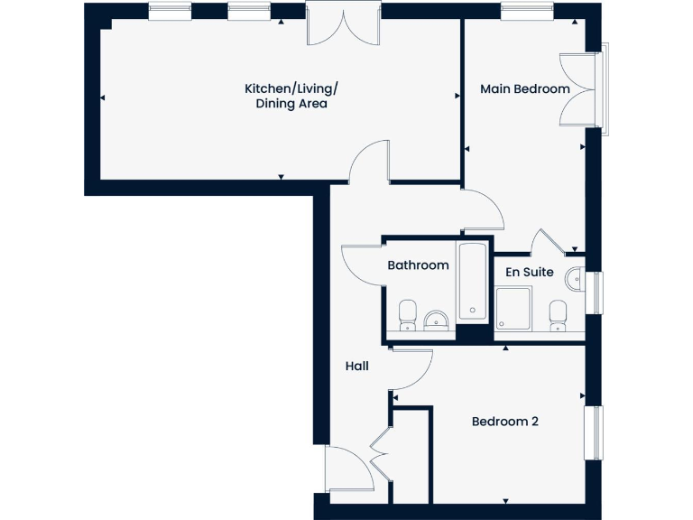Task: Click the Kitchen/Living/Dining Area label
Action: click(291, 96)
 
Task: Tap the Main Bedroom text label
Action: click(524, 88)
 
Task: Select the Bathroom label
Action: click(418, 265)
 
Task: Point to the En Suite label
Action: click(529, 271)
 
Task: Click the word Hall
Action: click(356, 366)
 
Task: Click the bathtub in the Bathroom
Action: click(474, 281)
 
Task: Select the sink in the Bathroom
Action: click(437, 320)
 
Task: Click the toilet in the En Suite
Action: click(558, 315)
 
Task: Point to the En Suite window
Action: click(595, 292)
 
